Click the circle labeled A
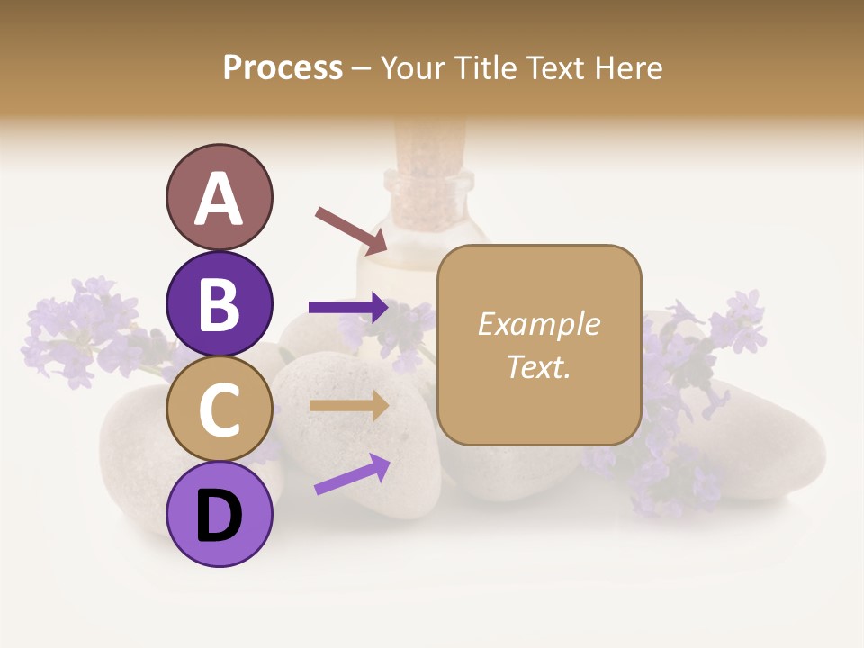(x=220, y=197)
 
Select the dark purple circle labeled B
(x=220, y=303)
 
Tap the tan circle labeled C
(x=220, y=409)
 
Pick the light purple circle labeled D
(x=220, y=515)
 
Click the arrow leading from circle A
(x=351, y=230)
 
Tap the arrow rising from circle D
(x=352, y=474)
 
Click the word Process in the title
(x=283, y=67)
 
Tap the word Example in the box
(x=538, y=324)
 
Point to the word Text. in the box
(x=538, y=366)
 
